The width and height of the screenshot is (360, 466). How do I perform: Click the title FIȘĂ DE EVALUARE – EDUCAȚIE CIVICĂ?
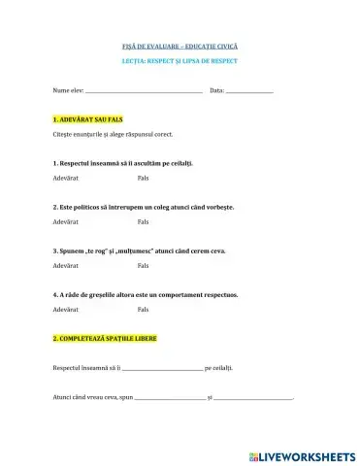pos(180,47)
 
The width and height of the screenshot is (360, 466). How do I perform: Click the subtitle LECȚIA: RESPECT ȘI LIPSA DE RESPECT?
pos(180,61)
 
